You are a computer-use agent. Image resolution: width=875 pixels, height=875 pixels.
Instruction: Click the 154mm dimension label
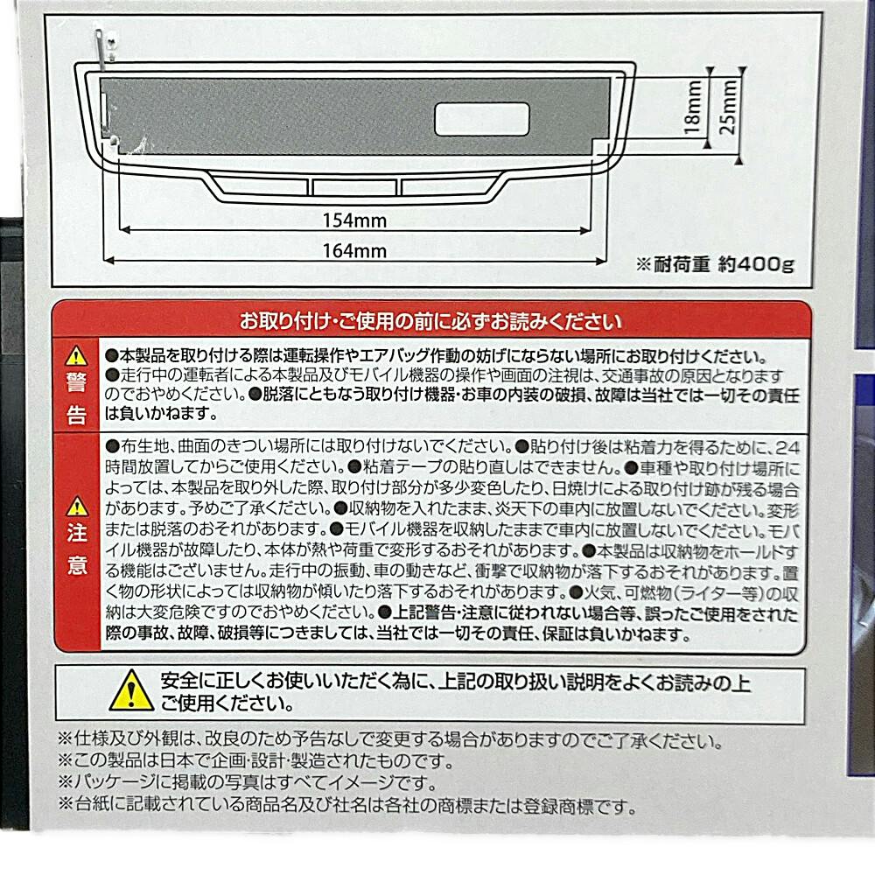(354, 220)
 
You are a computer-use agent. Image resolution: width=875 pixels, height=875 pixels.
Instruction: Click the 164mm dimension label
(354, 250)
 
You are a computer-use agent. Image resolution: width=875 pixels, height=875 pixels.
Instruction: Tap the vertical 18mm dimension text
(692, 107)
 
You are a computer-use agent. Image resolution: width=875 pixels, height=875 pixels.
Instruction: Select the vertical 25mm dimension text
(728, 107)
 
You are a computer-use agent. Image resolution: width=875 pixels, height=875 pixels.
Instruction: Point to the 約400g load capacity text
(756, 264)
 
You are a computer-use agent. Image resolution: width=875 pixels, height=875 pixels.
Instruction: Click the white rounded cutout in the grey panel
(482, 119)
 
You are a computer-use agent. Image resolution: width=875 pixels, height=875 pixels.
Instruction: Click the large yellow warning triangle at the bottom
(131, 690)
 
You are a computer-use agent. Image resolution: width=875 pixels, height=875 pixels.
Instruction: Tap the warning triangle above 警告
(76, 355)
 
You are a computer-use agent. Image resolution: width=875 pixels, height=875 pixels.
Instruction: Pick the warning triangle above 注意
(77, 506)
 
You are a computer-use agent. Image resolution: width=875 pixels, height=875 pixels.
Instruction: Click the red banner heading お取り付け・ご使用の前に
(430, 321)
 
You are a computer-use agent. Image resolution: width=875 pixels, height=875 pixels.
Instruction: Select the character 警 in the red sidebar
(76, 383)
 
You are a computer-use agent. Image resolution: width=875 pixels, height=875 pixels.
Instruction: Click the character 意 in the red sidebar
(78, 565)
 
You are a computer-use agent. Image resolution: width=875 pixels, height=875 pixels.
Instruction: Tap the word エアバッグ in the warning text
(395, 356)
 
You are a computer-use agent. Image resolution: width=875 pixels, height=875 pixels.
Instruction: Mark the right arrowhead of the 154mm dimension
(585, 230)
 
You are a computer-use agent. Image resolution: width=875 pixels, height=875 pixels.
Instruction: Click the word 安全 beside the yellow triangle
(178, 681)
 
